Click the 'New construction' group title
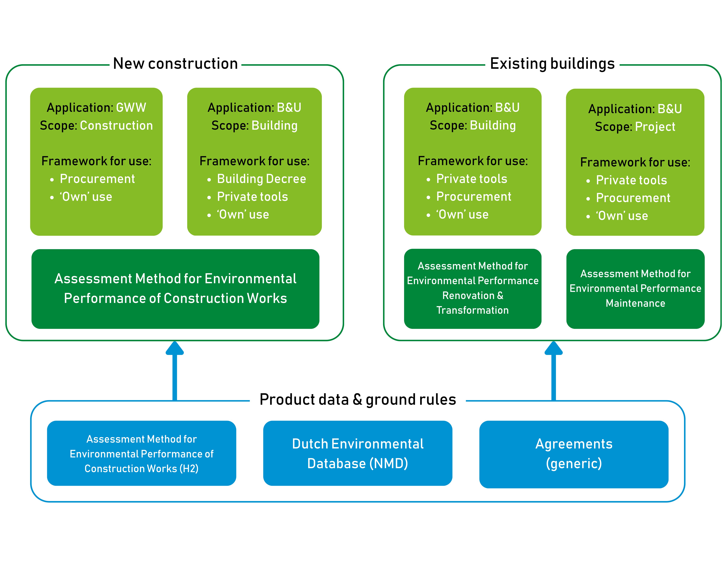175,64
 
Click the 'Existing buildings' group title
552,64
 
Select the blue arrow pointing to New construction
175,370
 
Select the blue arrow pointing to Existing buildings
554,370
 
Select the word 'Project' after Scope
655,127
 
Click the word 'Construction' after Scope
116,126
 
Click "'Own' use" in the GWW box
86,197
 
